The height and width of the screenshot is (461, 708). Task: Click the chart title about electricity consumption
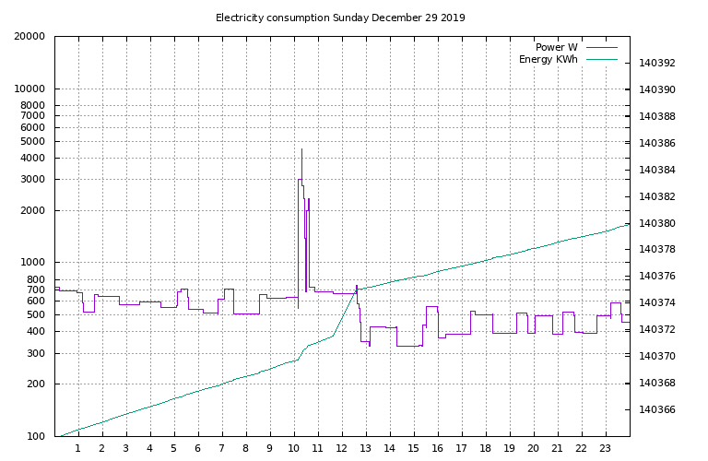340,18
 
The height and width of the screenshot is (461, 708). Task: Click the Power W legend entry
556,47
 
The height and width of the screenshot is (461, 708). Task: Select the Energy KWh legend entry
548,60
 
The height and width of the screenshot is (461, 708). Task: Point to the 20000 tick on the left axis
31,37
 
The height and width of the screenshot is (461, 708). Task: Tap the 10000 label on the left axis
31,89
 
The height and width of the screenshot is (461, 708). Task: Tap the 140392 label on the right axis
657,64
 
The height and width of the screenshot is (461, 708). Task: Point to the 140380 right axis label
657,224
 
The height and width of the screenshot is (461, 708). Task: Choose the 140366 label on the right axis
657,410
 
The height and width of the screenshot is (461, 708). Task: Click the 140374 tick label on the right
657,303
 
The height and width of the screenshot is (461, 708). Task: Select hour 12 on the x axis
341,449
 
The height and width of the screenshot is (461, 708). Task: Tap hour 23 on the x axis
605,449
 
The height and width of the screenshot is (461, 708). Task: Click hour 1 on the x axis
78,449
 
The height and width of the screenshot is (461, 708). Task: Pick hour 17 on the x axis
461,449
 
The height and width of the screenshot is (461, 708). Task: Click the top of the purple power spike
301,149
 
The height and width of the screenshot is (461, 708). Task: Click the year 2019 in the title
453,18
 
